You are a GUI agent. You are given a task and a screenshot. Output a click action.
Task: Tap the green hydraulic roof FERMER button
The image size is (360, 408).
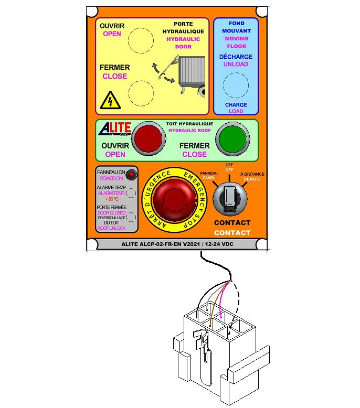point(231,139)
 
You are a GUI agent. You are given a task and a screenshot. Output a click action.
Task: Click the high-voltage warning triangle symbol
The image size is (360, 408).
point(110,99)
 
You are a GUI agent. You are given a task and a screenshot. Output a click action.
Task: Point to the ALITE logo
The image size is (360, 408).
point(111,129)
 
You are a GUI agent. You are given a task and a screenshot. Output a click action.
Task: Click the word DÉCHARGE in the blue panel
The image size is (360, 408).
point(236,57)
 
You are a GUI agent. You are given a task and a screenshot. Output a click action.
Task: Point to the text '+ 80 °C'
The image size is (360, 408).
point(113,199)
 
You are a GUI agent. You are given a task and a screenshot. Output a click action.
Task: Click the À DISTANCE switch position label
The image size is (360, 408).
point(252,174)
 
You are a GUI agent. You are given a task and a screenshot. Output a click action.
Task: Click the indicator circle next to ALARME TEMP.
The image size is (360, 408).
point(132,193)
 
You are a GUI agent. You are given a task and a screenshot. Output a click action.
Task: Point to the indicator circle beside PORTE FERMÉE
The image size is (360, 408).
point(132,216)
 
